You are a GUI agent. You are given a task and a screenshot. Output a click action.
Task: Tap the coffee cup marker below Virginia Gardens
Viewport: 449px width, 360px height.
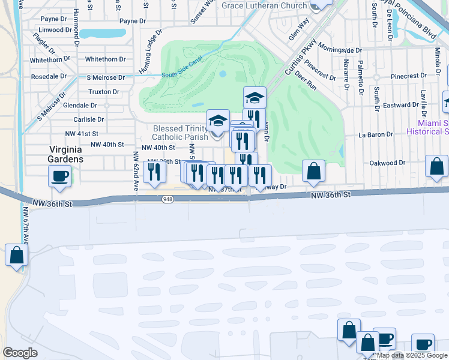tap(59, 176)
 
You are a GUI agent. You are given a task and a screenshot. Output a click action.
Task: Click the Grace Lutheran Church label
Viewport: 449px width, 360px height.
tap(264, 6)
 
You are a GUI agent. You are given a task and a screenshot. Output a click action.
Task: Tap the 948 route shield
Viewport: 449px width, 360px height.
tap(169, 200)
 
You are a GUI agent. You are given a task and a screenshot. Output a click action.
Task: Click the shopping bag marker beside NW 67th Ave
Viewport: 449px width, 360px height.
tap(17, 255)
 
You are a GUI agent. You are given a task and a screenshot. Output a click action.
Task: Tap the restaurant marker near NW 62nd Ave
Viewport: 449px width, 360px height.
tap(155, 172)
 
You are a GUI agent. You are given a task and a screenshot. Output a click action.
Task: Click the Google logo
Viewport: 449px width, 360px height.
tap(20, 353)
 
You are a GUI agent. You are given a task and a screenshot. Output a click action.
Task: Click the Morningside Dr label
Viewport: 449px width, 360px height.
tap(340, 50)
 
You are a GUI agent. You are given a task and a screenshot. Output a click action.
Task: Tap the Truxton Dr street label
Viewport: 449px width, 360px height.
tap(103, 92)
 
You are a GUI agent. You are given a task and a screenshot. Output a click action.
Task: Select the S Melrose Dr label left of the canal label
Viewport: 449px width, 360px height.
tap(106, 77)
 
